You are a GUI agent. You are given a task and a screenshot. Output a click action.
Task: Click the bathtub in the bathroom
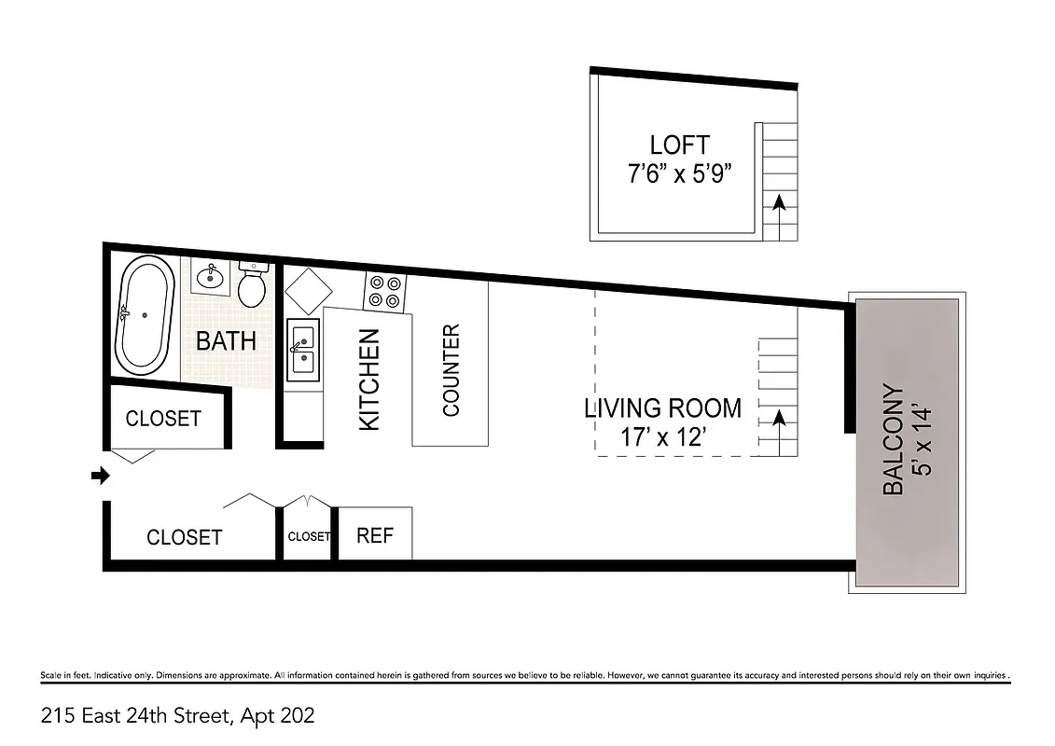(x=145, y=318)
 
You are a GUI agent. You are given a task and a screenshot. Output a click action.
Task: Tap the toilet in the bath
(x=251, y=285)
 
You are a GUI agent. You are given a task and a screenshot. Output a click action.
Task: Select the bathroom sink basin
(x=212, y=276)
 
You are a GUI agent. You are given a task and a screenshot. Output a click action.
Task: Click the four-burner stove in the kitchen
(x=385, y=291)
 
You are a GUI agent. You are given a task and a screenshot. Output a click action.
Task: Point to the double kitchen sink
(x=303, y=351)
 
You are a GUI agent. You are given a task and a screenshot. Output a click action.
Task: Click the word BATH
(x=226, y=341)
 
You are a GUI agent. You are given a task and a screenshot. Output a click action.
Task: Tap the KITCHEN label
(x=369, y=379)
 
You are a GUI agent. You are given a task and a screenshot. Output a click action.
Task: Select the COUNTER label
(x=451, y=370)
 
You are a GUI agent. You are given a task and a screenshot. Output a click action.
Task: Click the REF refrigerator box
(x=375, y=535)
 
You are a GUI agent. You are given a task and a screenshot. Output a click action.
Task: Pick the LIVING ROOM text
(x=662, y=408)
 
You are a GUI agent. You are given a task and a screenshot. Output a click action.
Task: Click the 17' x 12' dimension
(x=662, y=436)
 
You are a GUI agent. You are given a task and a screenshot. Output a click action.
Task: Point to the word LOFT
(x=679, y=145)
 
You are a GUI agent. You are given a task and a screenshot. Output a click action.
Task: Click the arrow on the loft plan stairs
(x=780, y=202)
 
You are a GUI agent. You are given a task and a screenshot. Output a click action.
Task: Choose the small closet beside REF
(x=308, y=536)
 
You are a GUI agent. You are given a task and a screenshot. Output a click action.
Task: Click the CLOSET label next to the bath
(x=163, y=419)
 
